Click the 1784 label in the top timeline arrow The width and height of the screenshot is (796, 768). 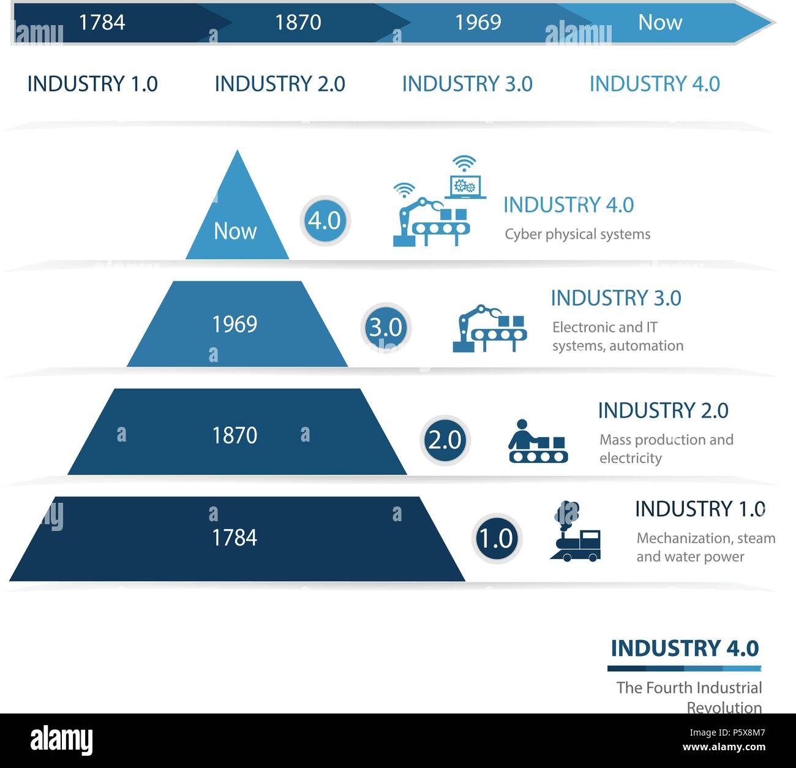(x=102, y=23)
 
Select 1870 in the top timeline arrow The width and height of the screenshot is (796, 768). (x=298, y=23)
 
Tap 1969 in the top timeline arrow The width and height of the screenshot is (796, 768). (x=478, y=23)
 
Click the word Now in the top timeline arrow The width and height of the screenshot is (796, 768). (x=659, y=23)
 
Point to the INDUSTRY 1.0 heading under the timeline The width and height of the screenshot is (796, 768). (x=92, y=84)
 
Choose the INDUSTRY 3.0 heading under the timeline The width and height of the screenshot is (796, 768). (x=467, y=84)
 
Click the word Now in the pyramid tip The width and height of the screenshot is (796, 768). (x=235, y=231)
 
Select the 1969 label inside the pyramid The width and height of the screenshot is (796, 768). (x=234, y=324)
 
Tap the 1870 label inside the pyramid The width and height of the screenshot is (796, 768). (x=234, y=435)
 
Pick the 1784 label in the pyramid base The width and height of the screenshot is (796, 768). (x=234, y=538)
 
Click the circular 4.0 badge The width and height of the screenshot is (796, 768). (x=325, y=220)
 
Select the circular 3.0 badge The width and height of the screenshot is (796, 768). (x=386, y=328)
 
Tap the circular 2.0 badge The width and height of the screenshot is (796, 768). (x=445, y=440)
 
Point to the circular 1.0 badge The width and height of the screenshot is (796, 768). (x=496, y=539)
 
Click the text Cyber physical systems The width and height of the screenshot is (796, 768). (x=577, y=235)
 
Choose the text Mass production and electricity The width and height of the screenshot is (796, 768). (x=666, y=449)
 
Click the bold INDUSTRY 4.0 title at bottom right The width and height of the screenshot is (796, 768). (x=685, y=648)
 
